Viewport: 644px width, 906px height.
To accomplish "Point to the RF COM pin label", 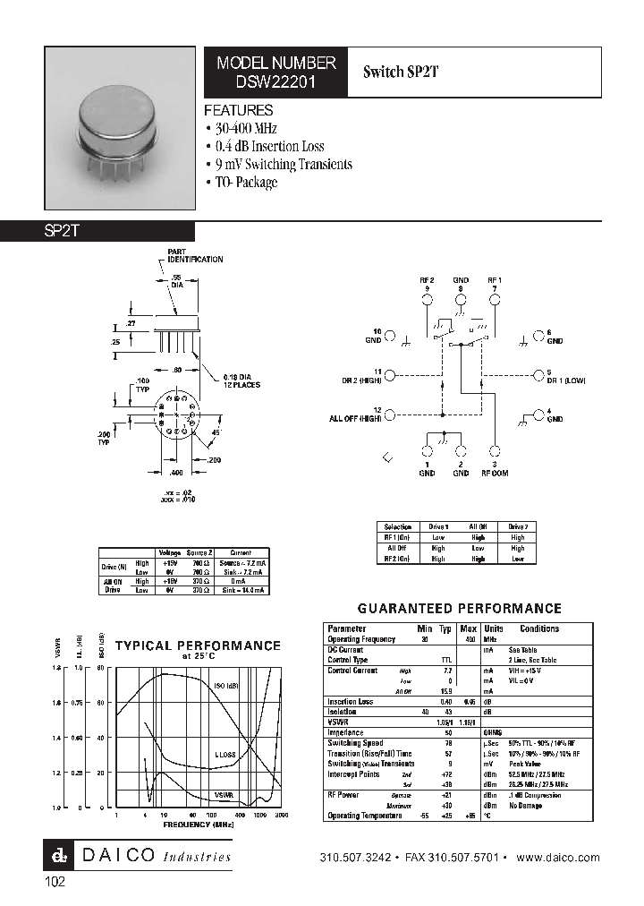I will point(495,473).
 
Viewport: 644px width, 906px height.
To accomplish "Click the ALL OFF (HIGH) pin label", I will point(355,417).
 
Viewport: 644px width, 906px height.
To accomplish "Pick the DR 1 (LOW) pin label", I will point(565,380).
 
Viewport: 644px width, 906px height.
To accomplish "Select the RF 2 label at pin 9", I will point(427,280).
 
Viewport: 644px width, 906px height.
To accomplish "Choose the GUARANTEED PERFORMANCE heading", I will point(460,608).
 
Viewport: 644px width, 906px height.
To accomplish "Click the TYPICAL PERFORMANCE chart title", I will point(198,645).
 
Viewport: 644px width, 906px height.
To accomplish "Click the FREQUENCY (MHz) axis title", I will point(199,824).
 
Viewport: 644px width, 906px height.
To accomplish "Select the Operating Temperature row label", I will point(360,816).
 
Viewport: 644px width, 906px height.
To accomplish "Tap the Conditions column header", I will point(539,628).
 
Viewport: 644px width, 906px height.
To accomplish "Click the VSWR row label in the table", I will point(337,722).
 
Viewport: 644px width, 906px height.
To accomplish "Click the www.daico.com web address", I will point(559,858).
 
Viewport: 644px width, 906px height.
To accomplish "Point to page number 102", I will point(55,882).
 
